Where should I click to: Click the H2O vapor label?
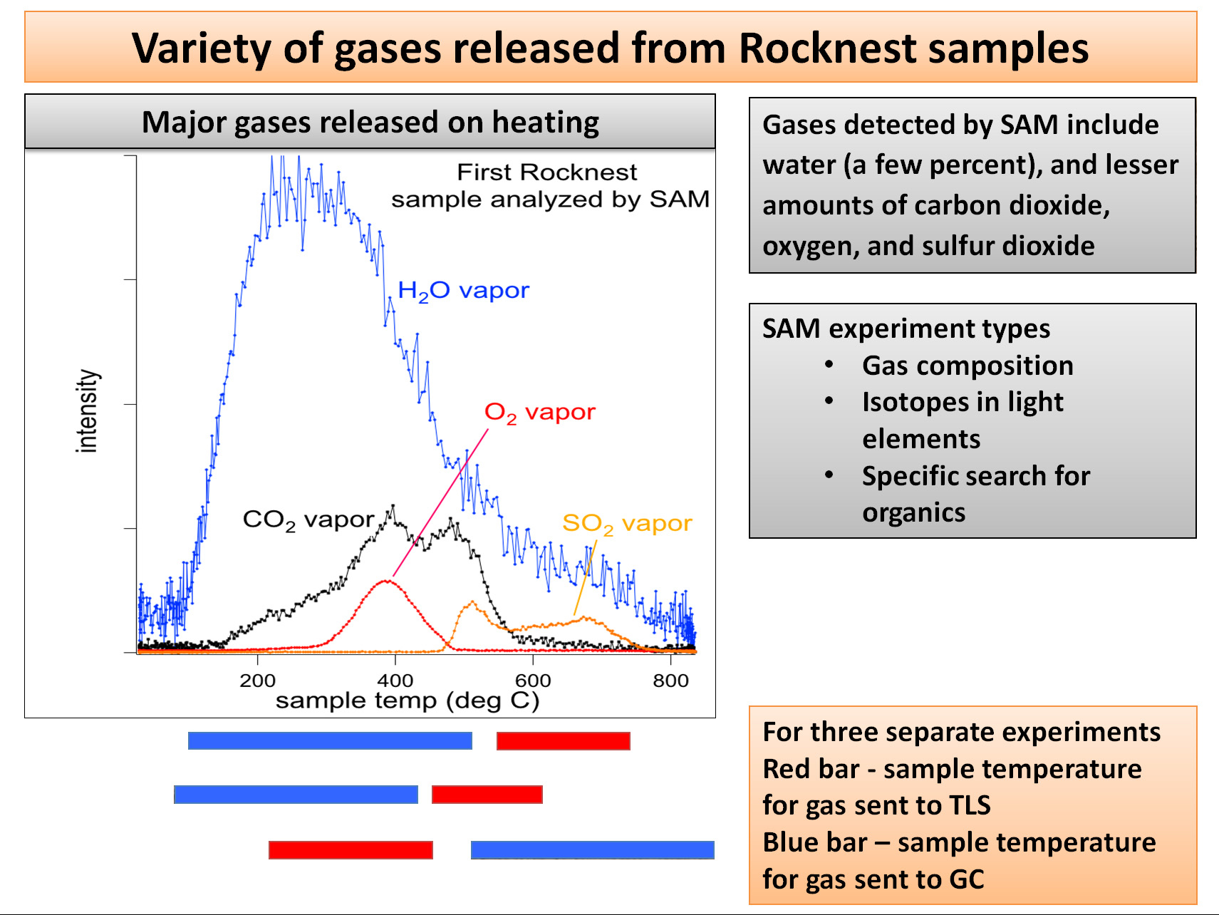(x=463, y=291)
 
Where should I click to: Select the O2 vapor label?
(x=539, y=413)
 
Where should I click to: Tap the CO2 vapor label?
(x=308, y=520)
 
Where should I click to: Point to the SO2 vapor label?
(x=627, y=524)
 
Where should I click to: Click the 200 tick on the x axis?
(x=257, y=681)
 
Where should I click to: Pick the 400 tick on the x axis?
(x=395, y=681)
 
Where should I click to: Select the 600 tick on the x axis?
(x=533, y=681)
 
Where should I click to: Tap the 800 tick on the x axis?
(x=670, y=681)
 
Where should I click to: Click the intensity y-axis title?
(x=87, y=411)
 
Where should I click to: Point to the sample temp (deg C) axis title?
(x=408, y=701)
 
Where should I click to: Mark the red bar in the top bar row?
(x=563, y=741)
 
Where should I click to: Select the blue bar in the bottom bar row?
(x=592, y=849)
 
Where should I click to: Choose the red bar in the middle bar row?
(x=487, y=795)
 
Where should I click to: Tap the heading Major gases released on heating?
(x=370, y=123)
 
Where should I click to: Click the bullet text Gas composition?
(x=968, y=366)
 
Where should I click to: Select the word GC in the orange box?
(x=966, y=879)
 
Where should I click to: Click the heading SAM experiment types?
(x=906, y=329)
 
